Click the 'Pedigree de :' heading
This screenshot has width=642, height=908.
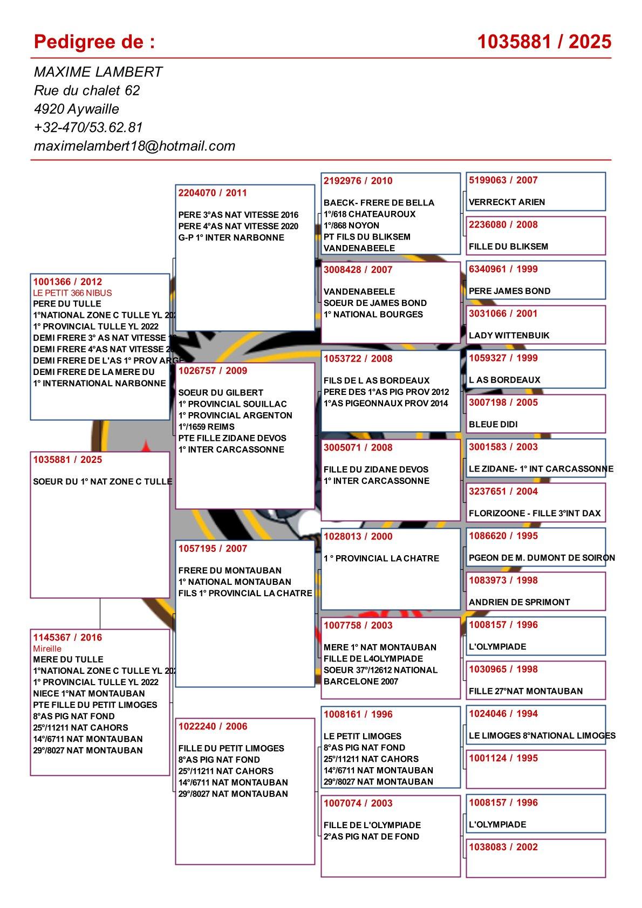(94, 42)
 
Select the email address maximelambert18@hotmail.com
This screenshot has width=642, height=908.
(134, 146)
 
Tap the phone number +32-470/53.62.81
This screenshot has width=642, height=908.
(88, 127)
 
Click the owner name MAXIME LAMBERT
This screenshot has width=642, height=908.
(98, 72)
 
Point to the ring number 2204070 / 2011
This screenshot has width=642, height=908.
(213, 193)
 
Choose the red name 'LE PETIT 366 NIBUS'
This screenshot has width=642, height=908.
(72, 293)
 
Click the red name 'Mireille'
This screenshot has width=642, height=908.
(47, 648)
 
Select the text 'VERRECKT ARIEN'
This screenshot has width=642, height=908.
(507, 202)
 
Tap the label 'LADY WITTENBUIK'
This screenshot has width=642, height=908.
(509, 336)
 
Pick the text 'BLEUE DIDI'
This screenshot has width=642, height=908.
(493, 425)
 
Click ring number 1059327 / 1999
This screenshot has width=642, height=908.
(503, 358)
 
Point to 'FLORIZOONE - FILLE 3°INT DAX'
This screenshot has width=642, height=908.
(534, 514)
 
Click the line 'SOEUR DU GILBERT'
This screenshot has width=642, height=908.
(221, 393)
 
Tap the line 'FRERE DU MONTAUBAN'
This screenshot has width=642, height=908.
(230, 570)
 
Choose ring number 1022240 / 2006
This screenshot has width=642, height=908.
(213, 726)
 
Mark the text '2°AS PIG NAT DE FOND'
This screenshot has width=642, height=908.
(371, 836)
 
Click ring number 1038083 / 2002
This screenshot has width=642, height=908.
(503, 847)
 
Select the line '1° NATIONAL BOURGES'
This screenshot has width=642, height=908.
(373, 315)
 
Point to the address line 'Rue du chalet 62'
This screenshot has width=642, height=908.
(87, 90)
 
